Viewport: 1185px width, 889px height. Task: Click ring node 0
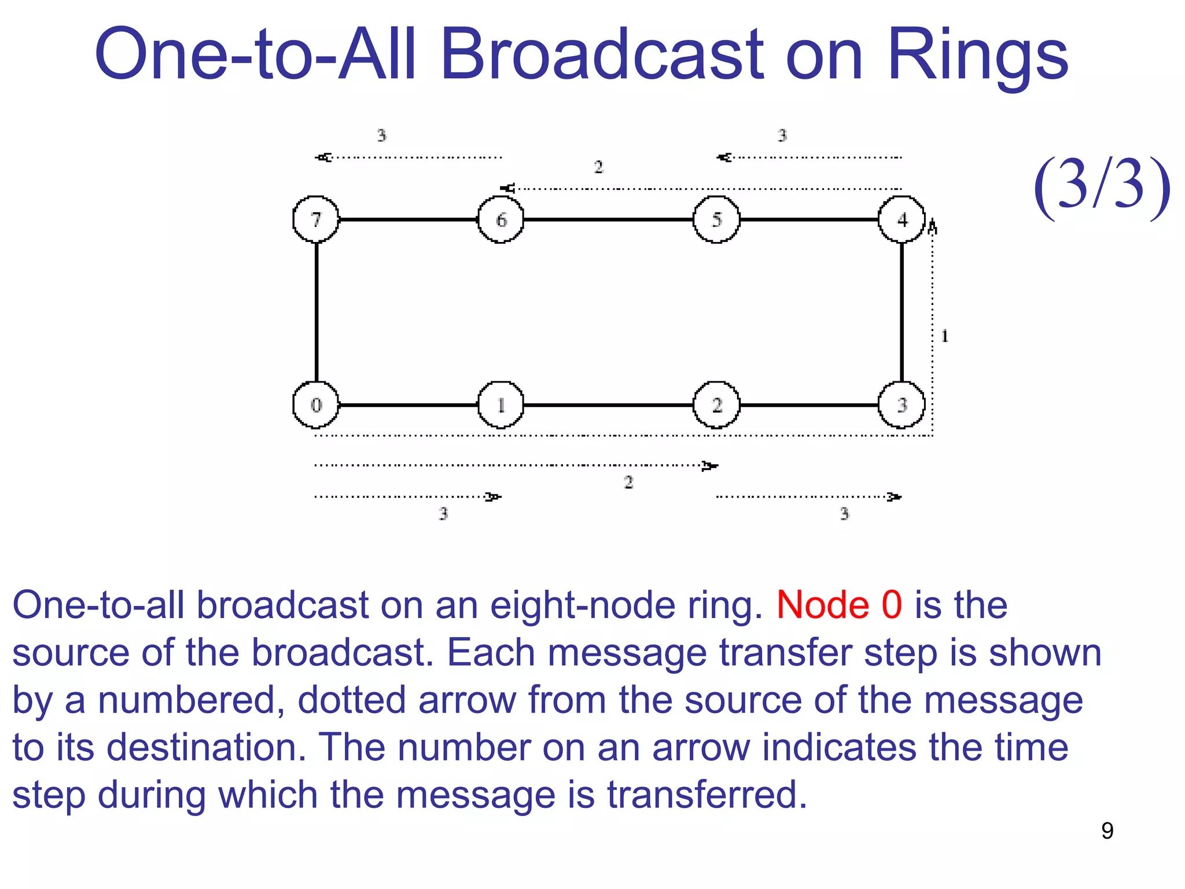(315, 405)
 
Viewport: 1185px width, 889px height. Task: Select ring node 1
(501, 405)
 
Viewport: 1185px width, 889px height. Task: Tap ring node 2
(716, 405)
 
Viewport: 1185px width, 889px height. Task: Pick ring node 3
(901, 405)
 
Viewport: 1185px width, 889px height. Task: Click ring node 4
(901, 219)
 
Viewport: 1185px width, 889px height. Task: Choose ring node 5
(716, 219)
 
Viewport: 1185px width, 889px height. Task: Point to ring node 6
(501, 219)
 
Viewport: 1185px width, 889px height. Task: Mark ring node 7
(315, 219)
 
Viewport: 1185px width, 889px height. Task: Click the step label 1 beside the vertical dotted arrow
(944, 336)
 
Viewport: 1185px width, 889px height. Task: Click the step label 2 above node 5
(598, 167)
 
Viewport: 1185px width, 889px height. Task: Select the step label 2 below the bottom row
(628, 482)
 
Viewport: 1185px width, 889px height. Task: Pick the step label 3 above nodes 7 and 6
(381, 135)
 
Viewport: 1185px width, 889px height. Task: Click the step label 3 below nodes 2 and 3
(844, 513)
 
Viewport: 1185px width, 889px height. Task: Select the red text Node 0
(839, 605)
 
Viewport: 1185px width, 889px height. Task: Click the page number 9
(1107, 831)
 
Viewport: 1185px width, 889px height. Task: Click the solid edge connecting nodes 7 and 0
(317, 313)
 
